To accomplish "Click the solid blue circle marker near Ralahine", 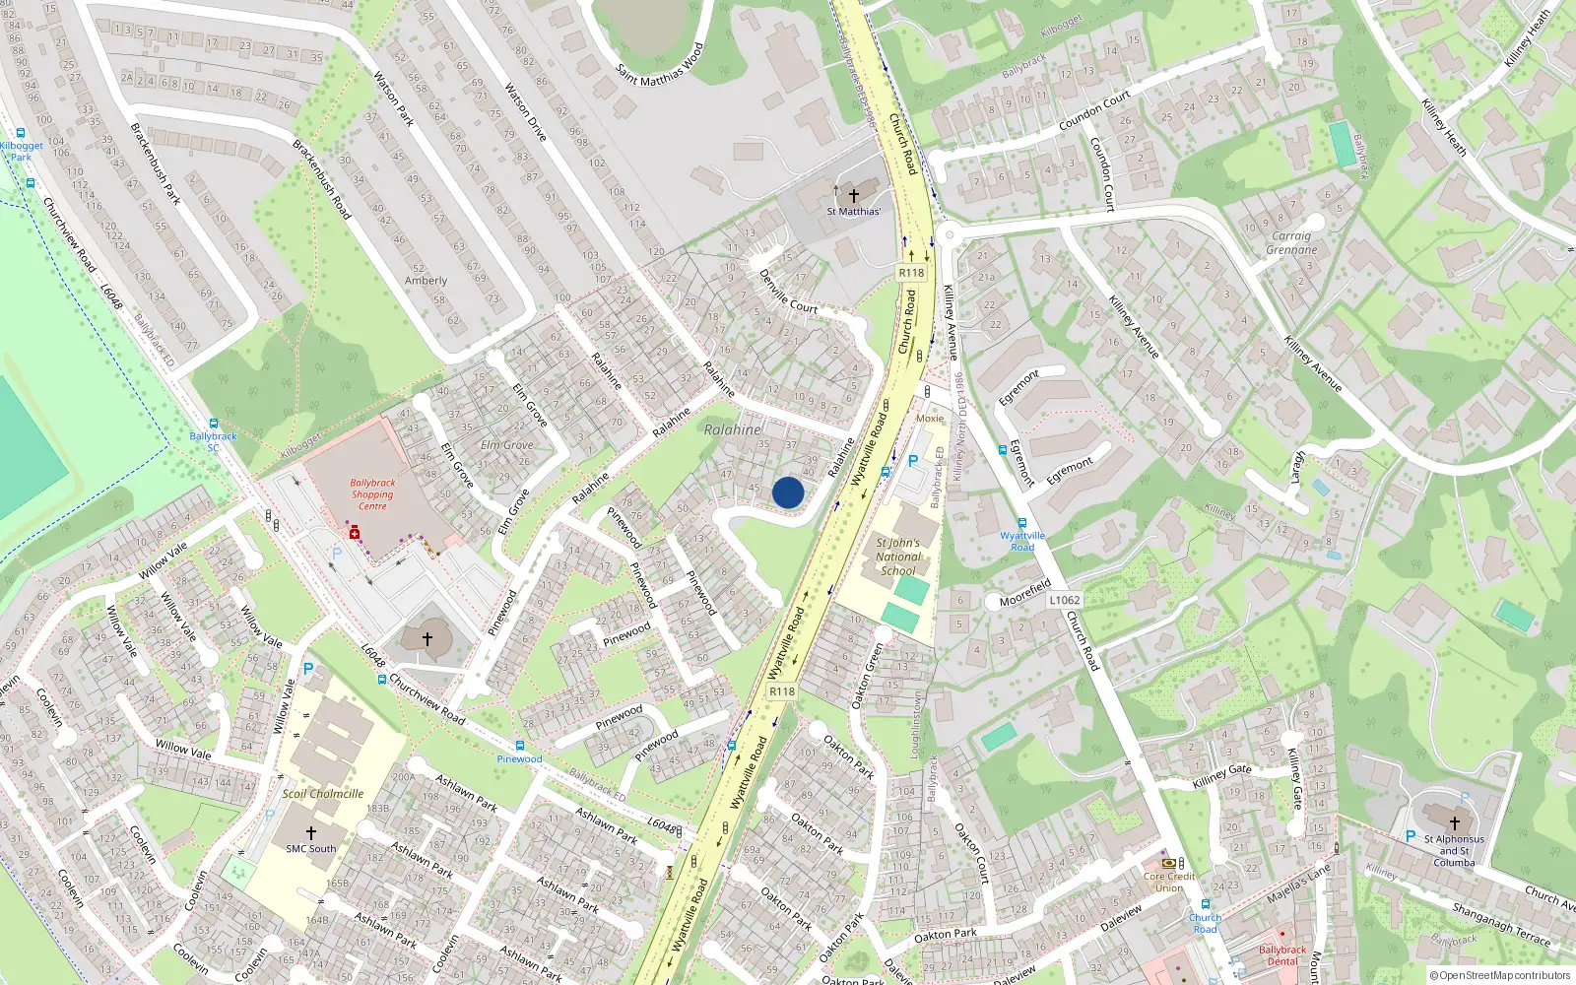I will pyautogui.click(x=788, y=492).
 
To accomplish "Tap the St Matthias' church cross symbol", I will pyautogui.click(x=854, y=194).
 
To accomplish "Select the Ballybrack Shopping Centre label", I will pyautogui.click(x=372, y=494).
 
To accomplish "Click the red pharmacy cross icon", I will pyautogui.click(x=355, y=533).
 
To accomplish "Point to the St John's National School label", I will pyautogui.click(x=897, y=557).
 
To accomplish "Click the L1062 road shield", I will pyautogui.click(x=1065, y=600).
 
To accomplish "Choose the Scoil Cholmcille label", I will pyautogui.click(x=323, y=794).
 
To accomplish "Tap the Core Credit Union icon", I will pyautogui.click(x=1169, y=863).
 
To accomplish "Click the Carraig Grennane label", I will pyautogui.click(x=1291, y=243).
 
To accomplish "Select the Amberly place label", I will pyautogui.click(x=426, y=281).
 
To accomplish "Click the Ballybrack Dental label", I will pyautogui.click(x=1282, y=955).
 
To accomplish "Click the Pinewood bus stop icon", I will pyautogui.click(x=519, y=746).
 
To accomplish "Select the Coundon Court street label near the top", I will pyautogui.click(x=1094, y=111).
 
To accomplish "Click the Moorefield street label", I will pyautogui.click(x=1025, y=593).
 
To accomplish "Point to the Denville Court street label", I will pyautogui.click(x=788, y=293).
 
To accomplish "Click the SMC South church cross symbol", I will pyautogui.click(x=311, y=832).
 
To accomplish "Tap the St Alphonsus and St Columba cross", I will pyautogui.click(x=1454, y=823).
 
